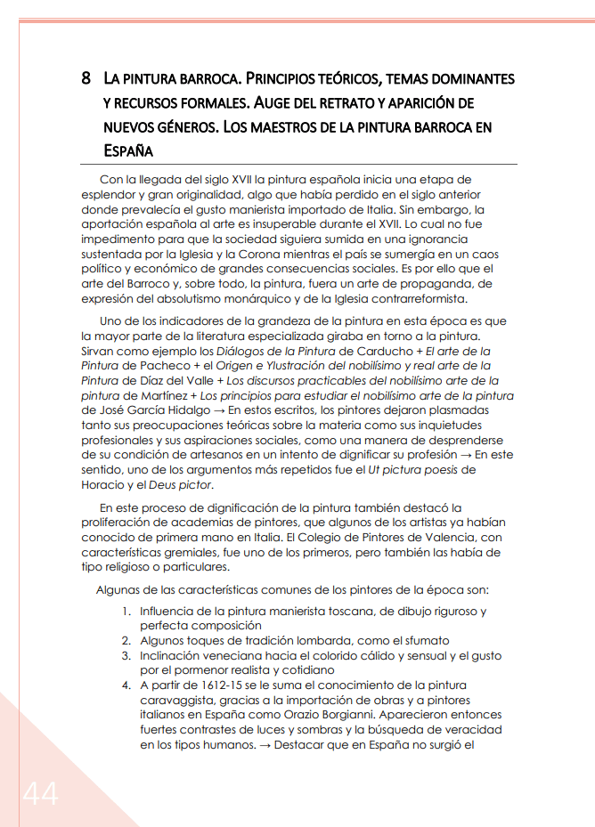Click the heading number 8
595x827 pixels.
[x=86, y=78]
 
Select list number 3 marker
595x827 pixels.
[x=126, y=655]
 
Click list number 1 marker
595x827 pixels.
[x=126, y=612]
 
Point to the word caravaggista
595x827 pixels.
[x=181, y=700]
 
